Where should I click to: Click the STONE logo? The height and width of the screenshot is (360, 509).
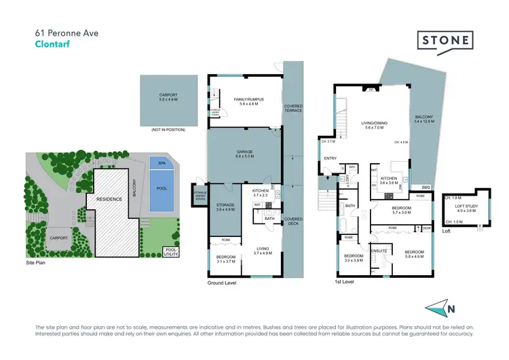(445, 41)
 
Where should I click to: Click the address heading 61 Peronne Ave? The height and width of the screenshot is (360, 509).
(64, 31)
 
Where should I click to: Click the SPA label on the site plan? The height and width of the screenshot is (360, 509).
(161, 164)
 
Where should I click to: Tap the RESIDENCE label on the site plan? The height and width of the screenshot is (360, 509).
(109, 200)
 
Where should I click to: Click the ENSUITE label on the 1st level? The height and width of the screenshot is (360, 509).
(379, 250)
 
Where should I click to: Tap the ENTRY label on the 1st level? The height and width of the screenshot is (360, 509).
(331, 158)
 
